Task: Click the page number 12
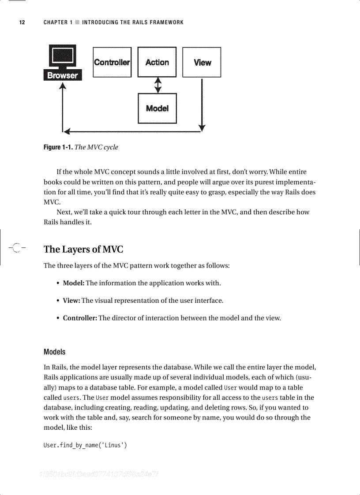point(22,22)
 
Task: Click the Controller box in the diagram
point(112,62)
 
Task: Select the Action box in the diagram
point(157,62)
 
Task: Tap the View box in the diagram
point(202,62)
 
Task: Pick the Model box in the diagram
point(157,108)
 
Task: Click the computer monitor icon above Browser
point(63,56)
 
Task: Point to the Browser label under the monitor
point(63,75)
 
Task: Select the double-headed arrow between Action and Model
point(157,86)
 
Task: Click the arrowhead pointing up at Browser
point(63,86)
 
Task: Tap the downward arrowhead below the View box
point(202,127)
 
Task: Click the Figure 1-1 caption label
point(58,147)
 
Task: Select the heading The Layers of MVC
point(83,249)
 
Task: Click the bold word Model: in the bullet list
point(74,283)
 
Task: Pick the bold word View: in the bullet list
point(71,301)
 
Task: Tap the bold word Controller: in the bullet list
point(80,318)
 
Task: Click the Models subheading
point(55,352)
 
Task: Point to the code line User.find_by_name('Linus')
point(85,445)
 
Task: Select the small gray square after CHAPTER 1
point(77,22)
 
